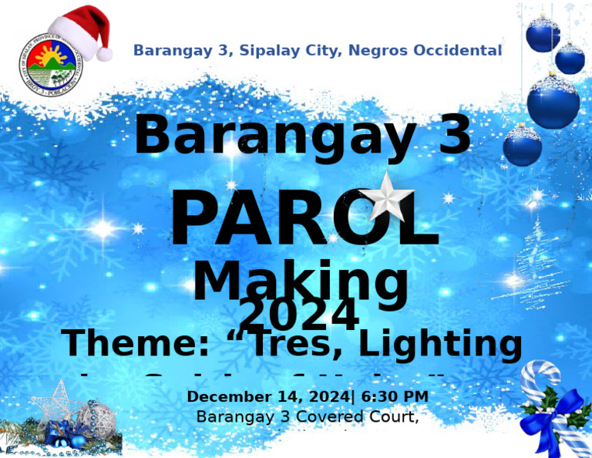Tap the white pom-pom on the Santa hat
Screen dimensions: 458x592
click(x=104, y=53)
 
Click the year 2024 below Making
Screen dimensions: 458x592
click(x=299, y=315)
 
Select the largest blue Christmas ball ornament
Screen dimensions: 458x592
click(x=553, y=102)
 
